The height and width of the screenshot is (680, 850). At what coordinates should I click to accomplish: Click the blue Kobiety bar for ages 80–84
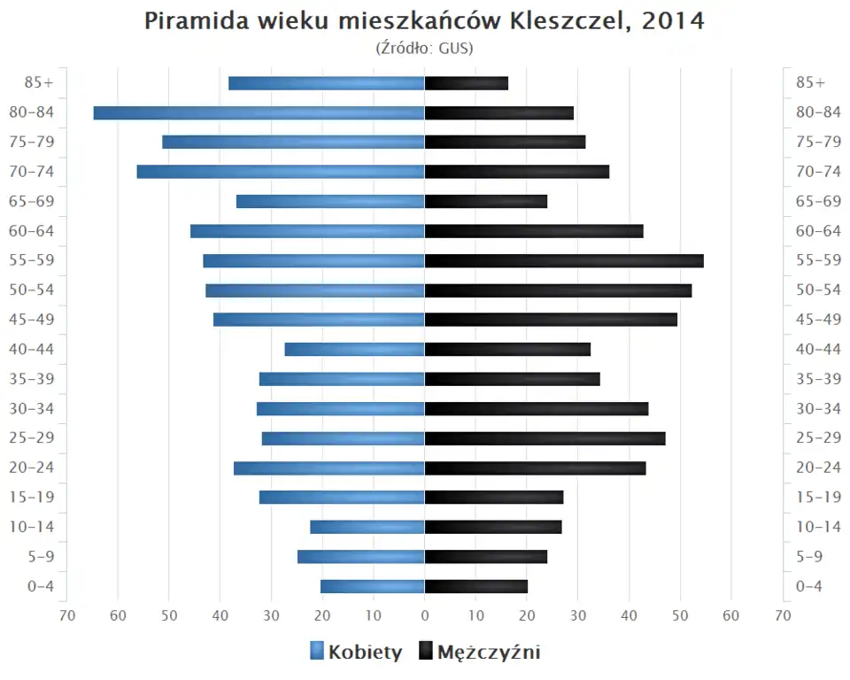(259, 112)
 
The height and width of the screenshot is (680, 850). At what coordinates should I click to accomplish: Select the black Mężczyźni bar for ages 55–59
(564, 260)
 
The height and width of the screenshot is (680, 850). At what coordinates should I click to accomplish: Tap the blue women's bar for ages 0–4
(372, 586)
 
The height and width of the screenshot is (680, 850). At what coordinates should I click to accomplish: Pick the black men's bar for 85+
(467, 83)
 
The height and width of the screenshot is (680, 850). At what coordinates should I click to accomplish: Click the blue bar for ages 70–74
(281, 172)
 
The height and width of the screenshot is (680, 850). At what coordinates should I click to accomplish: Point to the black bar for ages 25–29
(545, 438)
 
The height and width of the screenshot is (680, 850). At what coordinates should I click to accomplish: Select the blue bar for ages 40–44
(354, 349)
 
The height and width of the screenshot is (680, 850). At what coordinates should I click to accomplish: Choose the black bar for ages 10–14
(493, 527)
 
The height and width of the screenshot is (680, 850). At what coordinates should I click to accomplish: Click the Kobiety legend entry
(356, 653)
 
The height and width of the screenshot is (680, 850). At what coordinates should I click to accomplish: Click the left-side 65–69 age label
(33, 201)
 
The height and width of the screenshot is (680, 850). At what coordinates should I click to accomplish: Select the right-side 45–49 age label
(818, 320)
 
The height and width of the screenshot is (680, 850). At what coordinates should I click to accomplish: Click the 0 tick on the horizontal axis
(425, 615)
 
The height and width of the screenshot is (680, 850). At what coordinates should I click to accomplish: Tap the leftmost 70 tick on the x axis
(66, 615)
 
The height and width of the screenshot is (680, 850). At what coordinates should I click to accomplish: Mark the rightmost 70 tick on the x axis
(783, 615)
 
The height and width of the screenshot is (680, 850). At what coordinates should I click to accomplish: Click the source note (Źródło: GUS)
(425, 48)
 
